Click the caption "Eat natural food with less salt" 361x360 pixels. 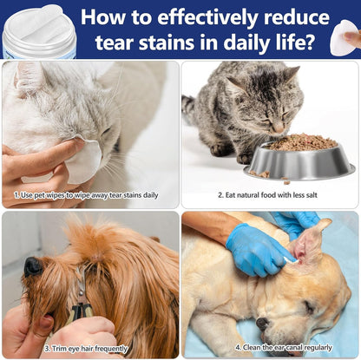[x=269, y=195]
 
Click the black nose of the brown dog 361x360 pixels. [x=32, y=266]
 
